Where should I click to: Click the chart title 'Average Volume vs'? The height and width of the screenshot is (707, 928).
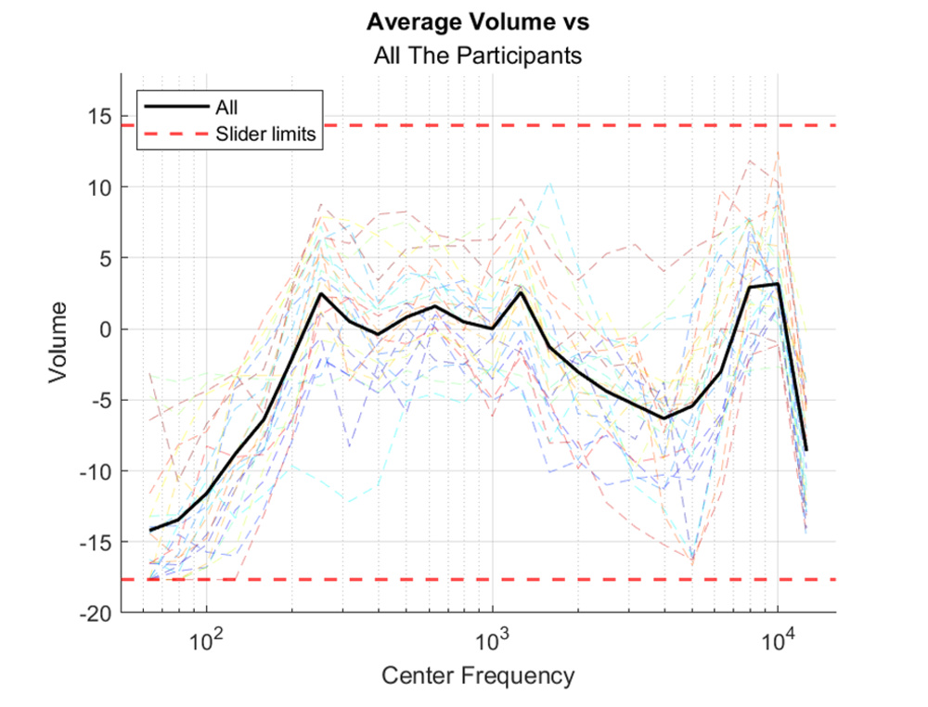pyautogui.click(x=478, y=21)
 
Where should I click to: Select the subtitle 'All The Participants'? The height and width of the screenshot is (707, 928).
pyautogui.click(x=478, y=56)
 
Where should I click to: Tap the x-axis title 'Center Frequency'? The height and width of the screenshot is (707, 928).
pyautogui.click(x=478, y=675)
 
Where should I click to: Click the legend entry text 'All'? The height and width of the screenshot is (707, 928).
pyautogui.click(x=226, y=108)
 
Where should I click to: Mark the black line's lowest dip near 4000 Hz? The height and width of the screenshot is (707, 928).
pyautogui.click(x=664, y=418)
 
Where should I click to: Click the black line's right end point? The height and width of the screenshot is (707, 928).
pyautogui.click(x=806, y=450)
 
